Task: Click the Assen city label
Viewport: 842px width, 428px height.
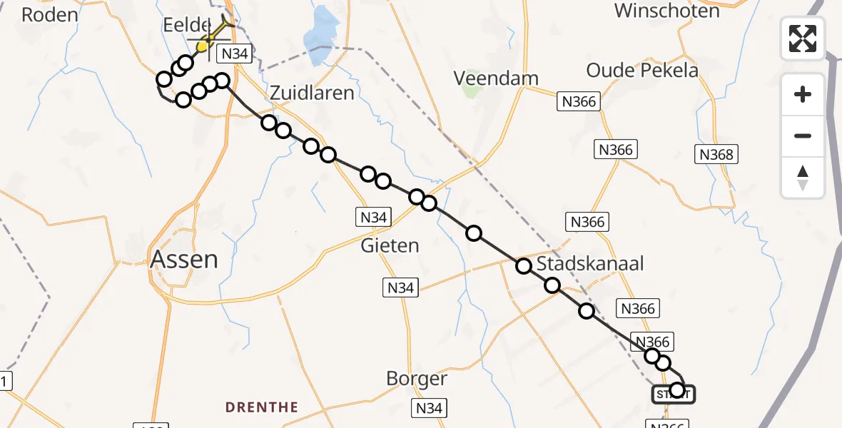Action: point(184,259)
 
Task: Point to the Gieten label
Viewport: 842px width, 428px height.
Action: point(390,245)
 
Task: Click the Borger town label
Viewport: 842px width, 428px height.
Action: point(417,378)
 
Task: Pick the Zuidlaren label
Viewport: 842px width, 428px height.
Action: point(311,93)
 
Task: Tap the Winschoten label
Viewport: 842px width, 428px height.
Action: point(666,11)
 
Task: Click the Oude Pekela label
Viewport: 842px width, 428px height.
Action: point(642,70)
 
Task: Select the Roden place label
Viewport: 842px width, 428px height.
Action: point(49,14)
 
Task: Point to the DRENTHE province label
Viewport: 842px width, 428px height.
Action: point(262,407)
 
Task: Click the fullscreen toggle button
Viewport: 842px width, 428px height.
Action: point(803,39)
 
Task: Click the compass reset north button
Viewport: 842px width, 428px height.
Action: point(803,178)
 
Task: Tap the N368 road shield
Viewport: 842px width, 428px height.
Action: point(716,154)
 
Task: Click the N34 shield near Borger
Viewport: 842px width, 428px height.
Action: point(428,408)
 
